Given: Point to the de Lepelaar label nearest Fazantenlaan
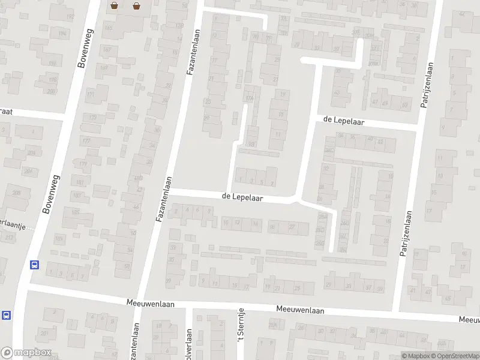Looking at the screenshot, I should [x=242, y=196].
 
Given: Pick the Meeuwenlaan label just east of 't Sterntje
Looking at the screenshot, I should [x=300, y=310].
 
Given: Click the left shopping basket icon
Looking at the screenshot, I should [x=114, y=6].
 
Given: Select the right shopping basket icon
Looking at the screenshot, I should [x=137, y=6].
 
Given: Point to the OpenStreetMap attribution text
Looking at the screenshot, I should [x=457, y=355].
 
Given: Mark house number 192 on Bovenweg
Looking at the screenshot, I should [x=70, y=17].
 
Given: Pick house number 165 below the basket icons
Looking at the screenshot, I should [x=109, y=28].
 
